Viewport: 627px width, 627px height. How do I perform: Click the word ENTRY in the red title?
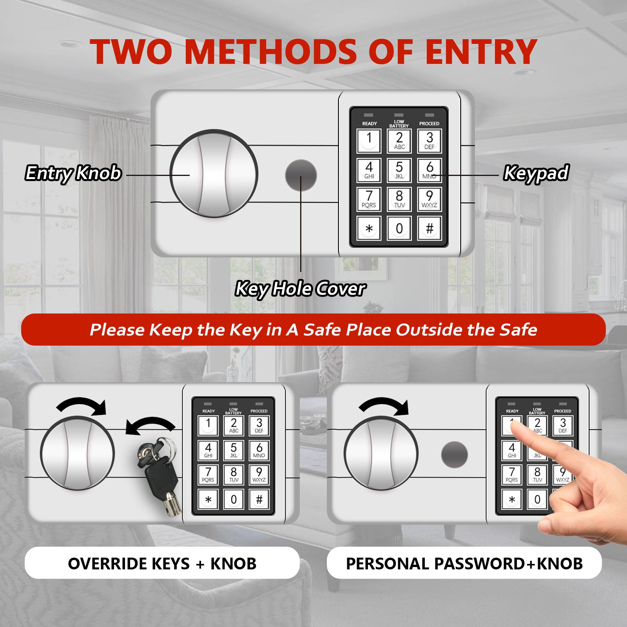coord(481,52)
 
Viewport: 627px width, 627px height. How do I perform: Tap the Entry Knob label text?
coord(73,173)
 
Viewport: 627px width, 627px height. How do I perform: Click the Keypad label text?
coord(536,173)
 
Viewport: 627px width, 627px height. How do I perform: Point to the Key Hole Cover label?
coord(301,289)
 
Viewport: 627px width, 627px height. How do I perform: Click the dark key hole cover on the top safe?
coord(301,175)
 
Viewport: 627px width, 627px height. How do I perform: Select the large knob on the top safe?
coord(214,174)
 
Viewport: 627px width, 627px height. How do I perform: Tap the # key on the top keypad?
coord(429,228)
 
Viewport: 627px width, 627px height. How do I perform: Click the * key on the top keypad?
coord(369,228)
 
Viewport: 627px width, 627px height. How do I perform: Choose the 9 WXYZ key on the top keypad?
coord(429,199)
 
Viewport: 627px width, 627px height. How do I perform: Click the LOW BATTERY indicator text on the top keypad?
coord(399,124)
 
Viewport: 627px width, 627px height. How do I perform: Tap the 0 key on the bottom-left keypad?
coord(234,499)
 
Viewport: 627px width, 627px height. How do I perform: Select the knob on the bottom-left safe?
coord(78,453)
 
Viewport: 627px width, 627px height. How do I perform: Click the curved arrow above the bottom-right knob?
coord(384,404)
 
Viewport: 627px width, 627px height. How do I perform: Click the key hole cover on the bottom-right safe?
coord(455,455)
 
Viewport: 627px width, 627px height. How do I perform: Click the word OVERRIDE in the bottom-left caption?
coord(107,564)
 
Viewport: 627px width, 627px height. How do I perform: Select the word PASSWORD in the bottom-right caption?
coord(479,564)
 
